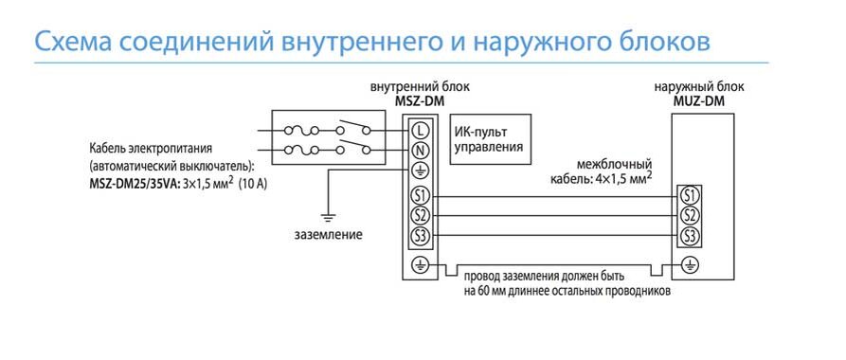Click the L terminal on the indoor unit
point(421,130)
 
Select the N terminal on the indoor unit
point(421,151)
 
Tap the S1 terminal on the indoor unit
point(421,196)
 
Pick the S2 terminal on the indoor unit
point(421,215)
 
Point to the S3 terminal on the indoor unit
point(421,235)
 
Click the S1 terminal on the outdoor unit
point(690,196)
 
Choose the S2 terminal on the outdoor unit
point(690,215)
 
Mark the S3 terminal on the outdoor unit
point(690,235)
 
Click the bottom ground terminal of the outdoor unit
point(690,265)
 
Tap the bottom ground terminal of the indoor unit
point(421,265)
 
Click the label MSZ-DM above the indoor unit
point(419,101)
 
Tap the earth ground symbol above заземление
point(328,217)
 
